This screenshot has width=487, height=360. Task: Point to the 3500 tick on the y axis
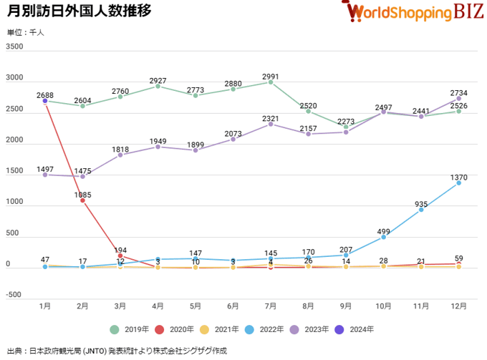(14, 47)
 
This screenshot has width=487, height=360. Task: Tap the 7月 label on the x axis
(271, 306)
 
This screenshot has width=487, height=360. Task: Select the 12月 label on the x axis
(458, 306)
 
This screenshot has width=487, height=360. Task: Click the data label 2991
(271, 76)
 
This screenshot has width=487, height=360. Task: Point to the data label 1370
(458, 176)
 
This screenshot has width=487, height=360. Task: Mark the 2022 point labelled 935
(421, 210)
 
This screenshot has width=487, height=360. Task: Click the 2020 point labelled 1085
(83, 200)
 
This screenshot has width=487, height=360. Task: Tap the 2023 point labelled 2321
(271, 124)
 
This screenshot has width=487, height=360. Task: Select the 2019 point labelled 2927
(158, 86)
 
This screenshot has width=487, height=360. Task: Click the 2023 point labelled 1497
(45, 175)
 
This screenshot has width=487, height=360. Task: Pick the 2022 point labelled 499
(383, 237)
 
